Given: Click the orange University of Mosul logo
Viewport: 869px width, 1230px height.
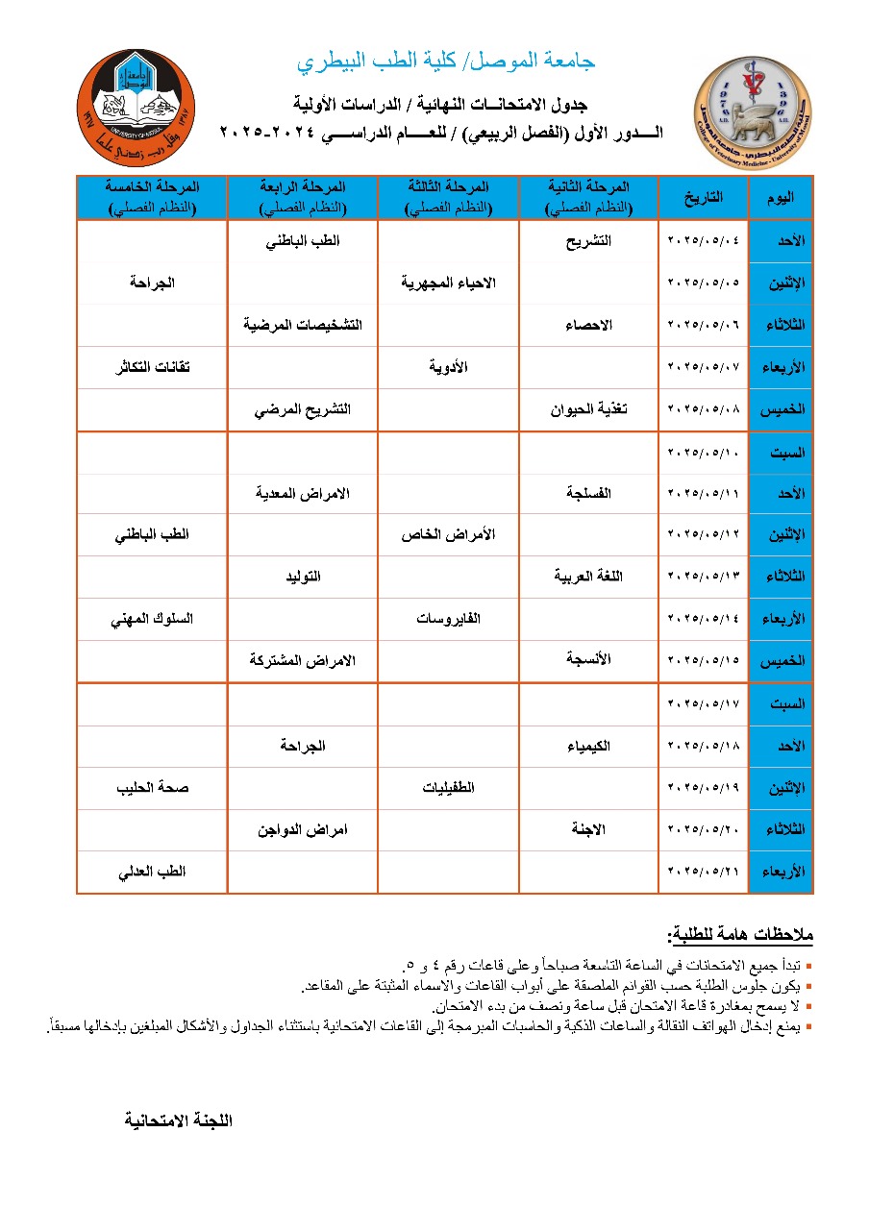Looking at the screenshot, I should (x=137, y=108).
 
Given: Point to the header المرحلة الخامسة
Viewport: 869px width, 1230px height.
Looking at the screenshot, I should (x=152, y=197).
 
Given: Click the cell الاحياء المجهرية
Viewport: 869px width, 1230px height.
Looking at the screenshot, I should (x=448, y=283).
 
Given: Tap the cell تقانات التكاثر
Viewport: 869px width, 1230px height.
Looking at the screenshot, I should (x=151, y=367).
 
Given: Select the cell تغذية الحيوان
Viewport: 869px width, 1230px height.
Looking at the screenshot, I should (x=589, y=409).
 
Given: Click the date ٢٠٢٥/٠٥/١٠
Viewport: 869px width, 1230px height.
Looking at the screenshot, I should (x=704, y=452).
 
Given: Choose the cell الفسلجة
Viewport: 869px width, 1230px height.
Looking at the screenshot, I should (x=591, y=493).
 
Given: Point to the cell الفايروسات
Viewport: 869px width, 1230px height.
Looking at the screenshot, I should (x=448, y=619).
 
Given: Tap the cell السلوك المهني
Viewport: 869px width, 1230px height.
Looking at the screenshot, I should (x=152, y=619).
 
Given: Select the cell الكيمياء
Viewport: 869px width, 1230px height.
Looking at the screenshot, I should (x=591, y=746).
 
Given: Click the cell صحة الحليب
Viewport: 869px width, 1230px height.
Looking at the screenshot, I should (x=152, y=788).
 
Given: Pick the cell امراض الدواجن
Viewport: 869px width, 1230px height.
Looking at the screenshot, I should (x=301, y=829).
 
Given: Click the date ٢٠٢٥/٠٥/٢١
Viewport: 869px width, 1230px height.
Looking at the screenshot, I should (x=704, y=872).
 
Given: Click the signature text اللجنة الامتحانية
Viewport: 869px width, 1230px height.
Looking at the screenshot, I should (x=179, y=1120).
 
